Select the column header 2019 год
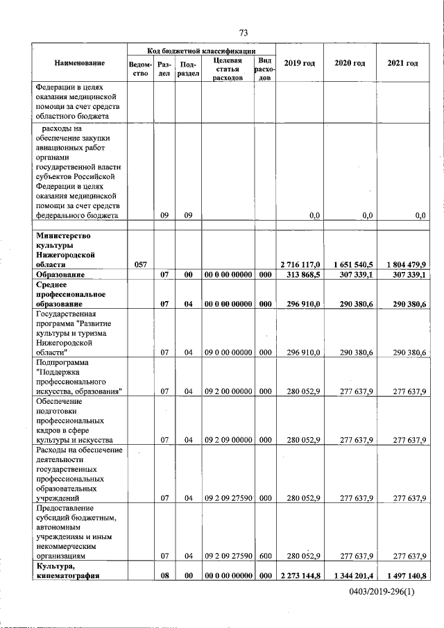coord(300,64)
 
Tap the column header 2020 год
coord(350,64)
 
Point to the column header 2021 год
coord(402,64)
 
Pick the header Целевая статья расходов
coord(228,69)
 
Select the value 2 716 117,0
coord(300,264)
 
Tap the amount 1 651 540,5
coord(350,264)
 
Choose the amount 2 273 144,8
coord(300,575)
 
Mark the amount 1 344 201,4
coord(350,575)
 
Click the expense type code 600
coord(264,555)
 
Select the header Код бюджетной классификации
coord(201,51)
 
